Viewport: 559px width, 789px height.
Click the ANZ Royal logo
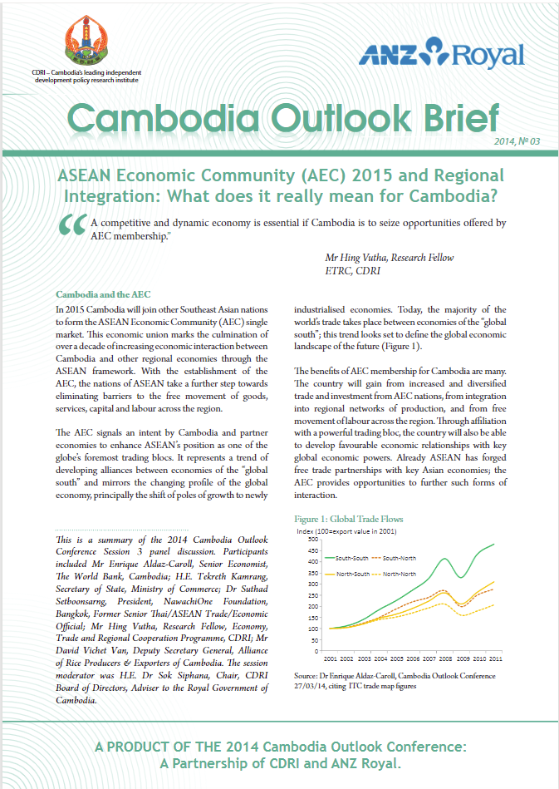coord(442,54)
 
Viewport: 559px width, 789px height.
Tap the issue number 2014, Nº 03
coord(517,142)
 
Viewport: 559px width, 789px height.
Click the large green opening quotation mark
coord(71,227)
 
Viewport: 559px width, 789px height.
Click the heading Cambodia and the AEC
coord(102,294)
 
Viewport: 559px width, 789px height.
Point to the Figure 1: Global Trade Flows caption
coord(349,520)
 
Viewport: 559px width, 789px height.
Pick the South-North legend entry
coord(401,558)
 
